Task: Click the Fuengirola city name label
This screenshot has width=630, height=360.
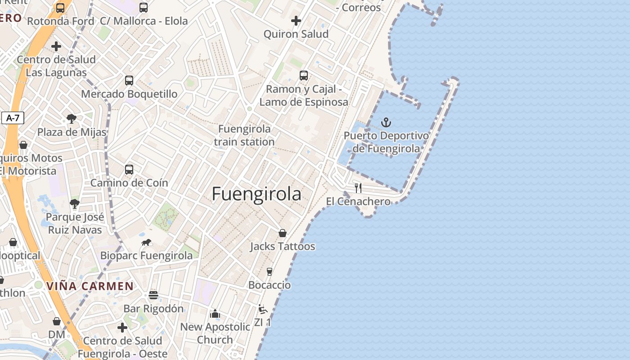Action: tap(256, 194)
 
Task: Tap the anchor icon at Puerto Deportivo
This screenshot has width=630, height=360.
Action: tap(386, 122)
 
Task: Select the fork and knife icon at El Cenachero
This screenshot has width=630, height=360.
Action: tap(358, 188)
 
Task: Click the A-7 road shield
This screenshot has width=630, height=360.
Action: tap(13, 118)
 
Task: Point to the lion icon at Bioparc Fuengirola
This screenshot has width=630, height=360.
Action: tap(146, 243)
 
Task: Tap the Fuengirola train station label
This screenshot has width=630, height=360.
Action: tap(244, 135)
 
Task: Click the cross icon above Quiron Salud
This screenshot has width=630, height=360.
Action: tap(296, 21)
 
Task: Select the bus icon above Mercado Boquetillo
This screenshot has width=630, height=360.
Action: tap(129, 81)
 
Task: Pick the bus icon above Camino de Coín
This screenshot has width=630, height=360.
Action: tap(129, 170)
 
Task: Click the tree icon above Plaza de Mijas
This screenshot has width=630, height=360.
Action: tap(71, 119)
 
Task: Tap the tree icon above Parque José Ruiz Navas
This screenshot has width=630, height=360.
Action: tap(75, 204)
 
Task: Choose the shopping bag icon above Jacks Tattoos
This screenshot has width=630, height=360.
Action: tap(283, 233)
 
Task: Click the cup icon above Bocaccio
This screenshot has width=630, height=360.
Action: tap(270, 272)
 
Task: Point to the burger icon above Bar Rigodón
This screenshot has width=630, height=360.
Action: tap(153, 295)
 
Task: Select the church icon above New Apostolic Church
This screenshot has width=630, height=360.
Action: tap(215, 313)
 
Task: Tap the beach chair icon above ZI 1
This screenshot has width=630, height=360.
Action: tap(263, 309)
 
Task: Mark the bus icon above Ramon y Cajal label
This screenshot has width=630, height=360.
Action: tap(304, 76)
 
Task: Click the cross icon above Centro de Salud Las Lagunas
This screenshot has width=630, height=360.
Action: tap(56, 46)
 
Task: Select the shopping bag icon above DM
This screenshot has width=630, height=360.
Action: tap(57, 321)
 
